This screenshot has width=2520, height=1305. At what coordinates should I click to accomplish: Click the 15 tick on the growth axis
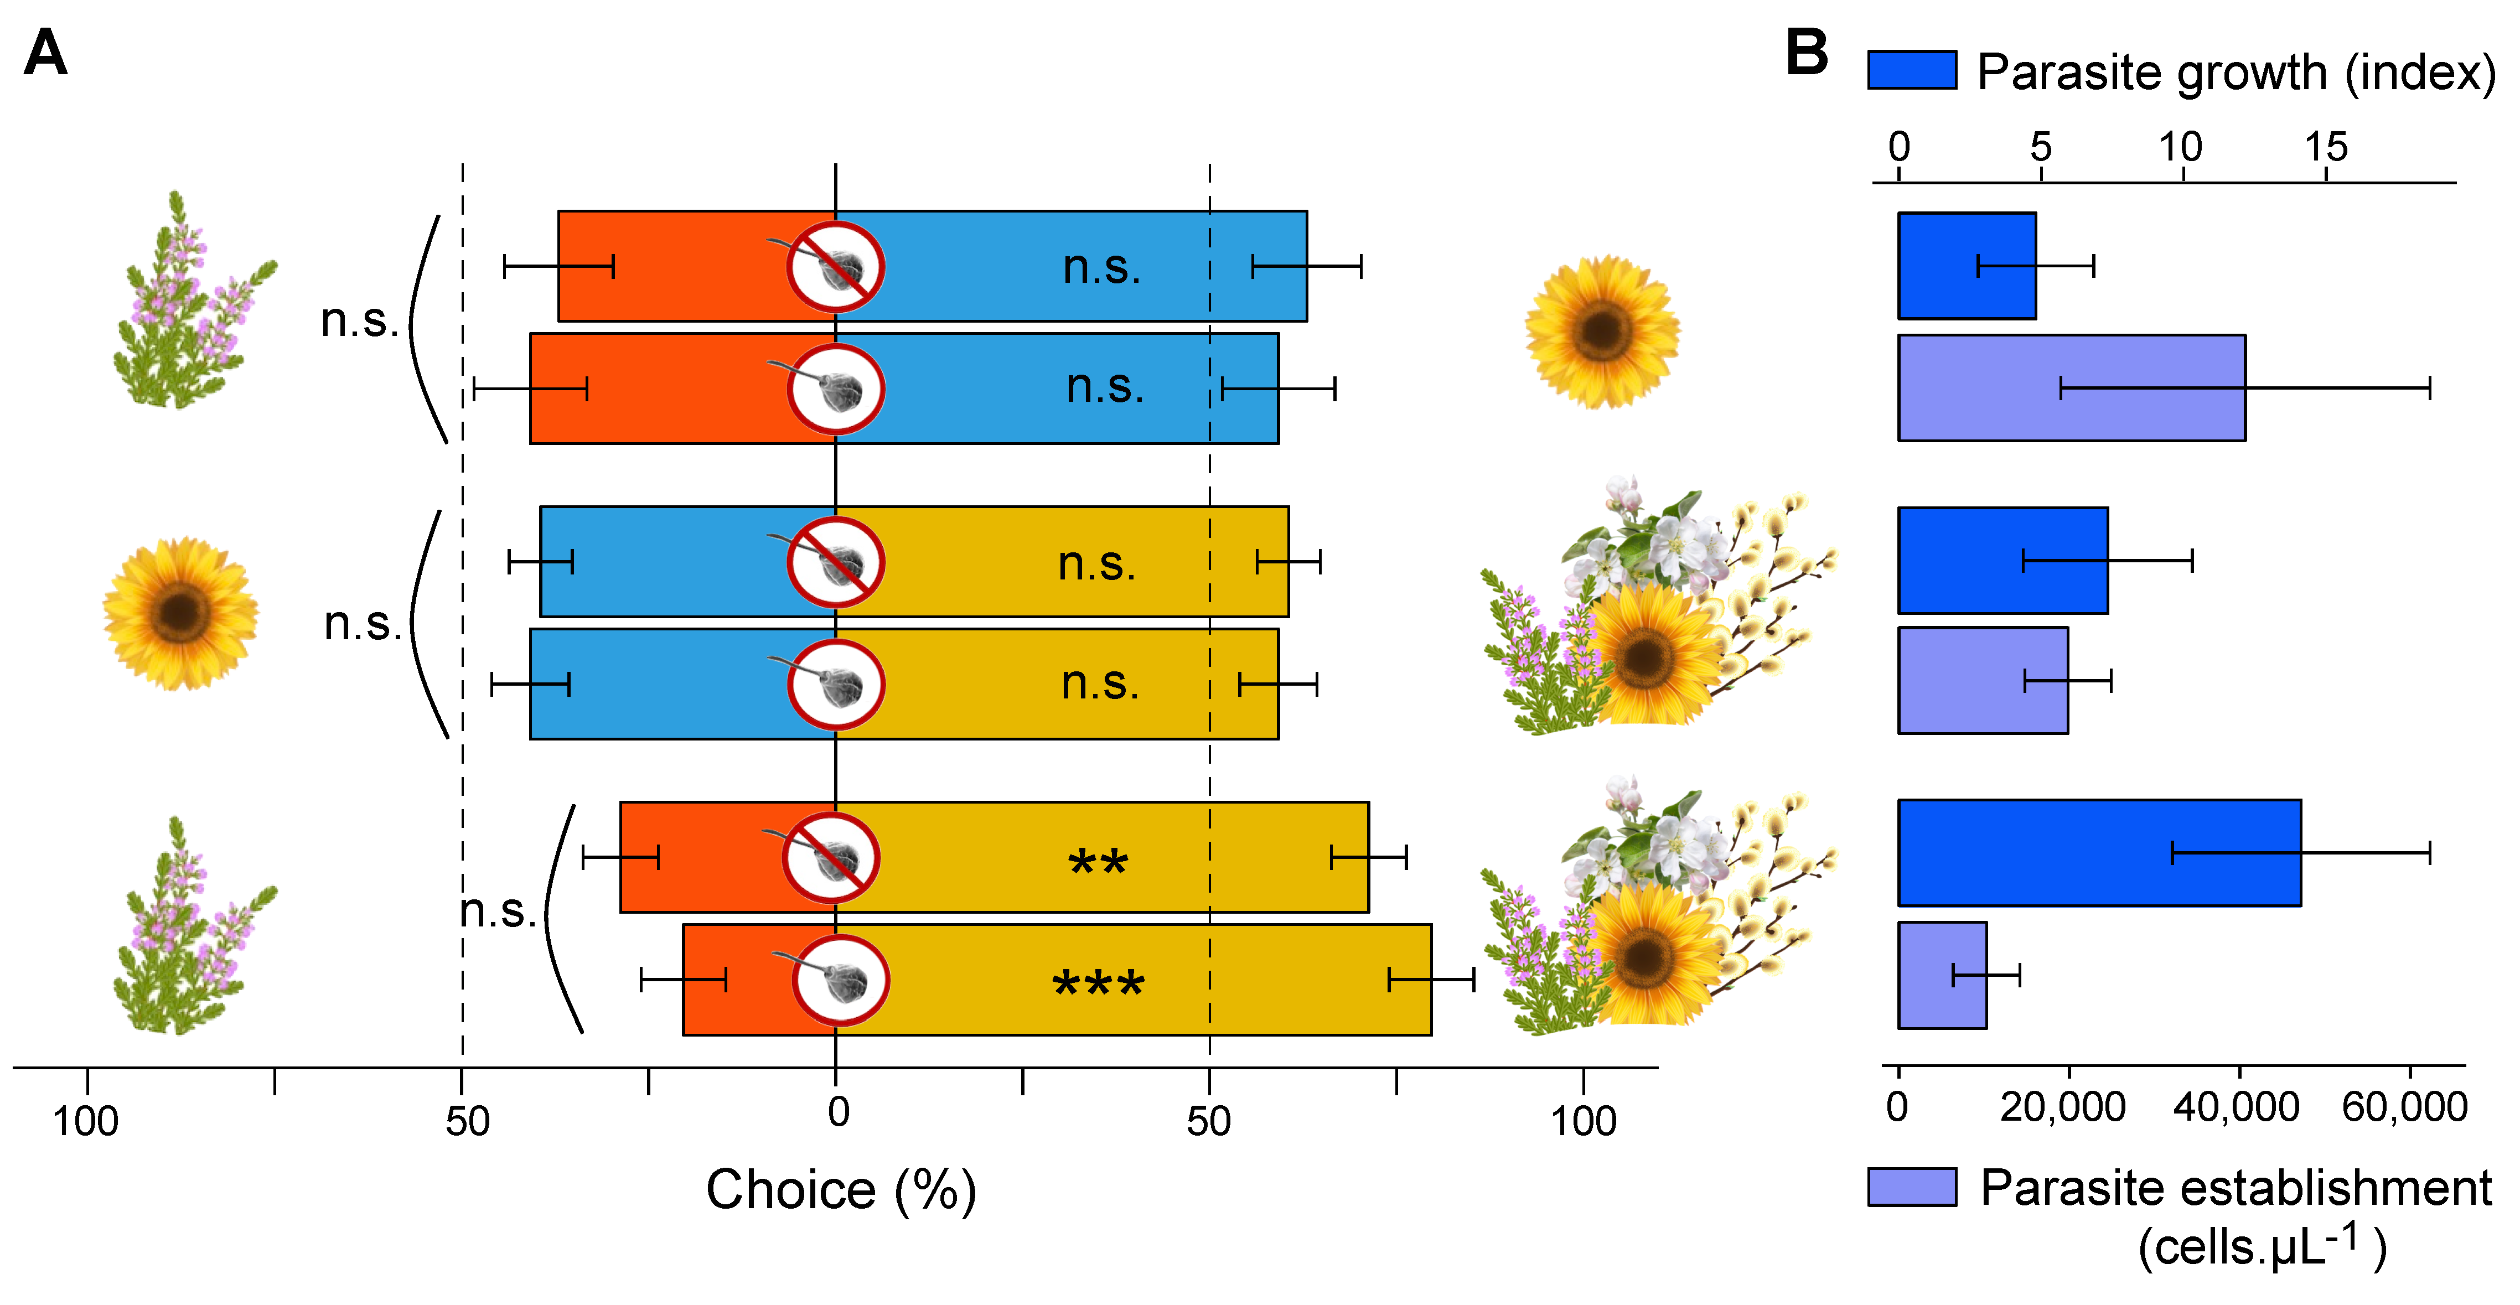pyautogui.click(x=2325, y=148)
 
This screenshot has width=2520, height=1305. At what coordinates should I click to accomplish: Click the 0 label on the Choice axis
pyautogui.click(x=837, y=1112)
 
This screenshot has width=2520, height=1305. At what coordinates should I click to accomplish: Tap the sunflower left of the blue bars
pyautogui.click(x=181, y=613)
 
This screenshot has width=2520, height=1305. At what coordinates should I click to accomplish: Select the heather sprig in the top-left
pyautogui.click(x=191, y=303)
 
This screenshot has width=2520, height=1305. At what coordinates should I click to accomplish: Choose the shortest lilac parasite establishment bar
pyautogui.click(x=1942, y=975)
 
